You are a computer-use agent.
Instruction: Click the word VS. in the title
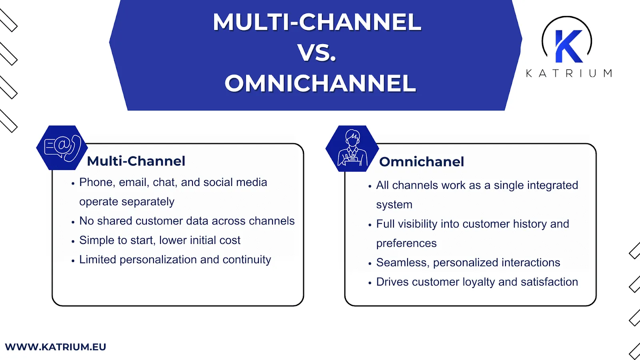click(x=316, y=53)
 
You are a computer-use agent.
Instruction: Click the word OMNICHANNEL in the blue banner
click(x=320, y=83)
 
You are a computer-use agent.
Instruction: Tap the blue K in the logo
click(x=568, y=46)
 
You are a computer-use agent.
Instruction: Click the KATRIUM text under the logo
click(x=568, y=73)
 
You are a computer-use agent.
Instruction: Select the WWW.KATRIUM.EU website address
click(x=56, y=347)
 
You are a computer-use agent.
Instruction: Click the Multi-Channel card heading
click(x=136, y=161)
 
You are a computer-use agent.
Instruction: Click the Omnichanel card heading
click(x=422, y=162)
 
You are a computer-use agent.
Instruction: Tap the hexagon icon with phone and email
click(x=62, y=148)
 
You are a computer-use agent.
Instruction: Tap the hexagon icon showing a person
click(x=352, y=148)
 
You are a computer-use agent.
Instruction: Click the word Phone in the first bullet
click(x=96, y=182)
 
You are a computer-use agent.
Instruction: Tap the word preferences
click(x=406, y=243)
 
